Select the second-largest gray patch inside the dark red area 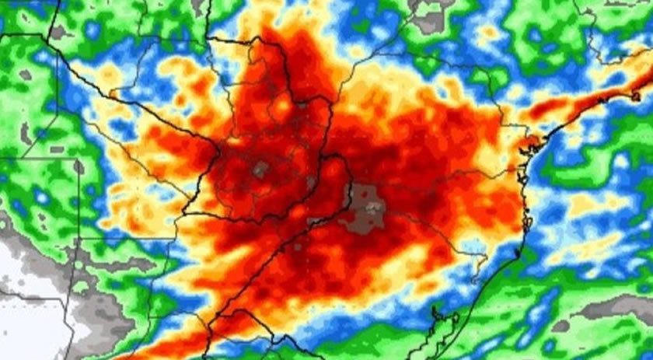coord(260,168)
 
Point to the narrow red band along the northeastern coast coord(591,101)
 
